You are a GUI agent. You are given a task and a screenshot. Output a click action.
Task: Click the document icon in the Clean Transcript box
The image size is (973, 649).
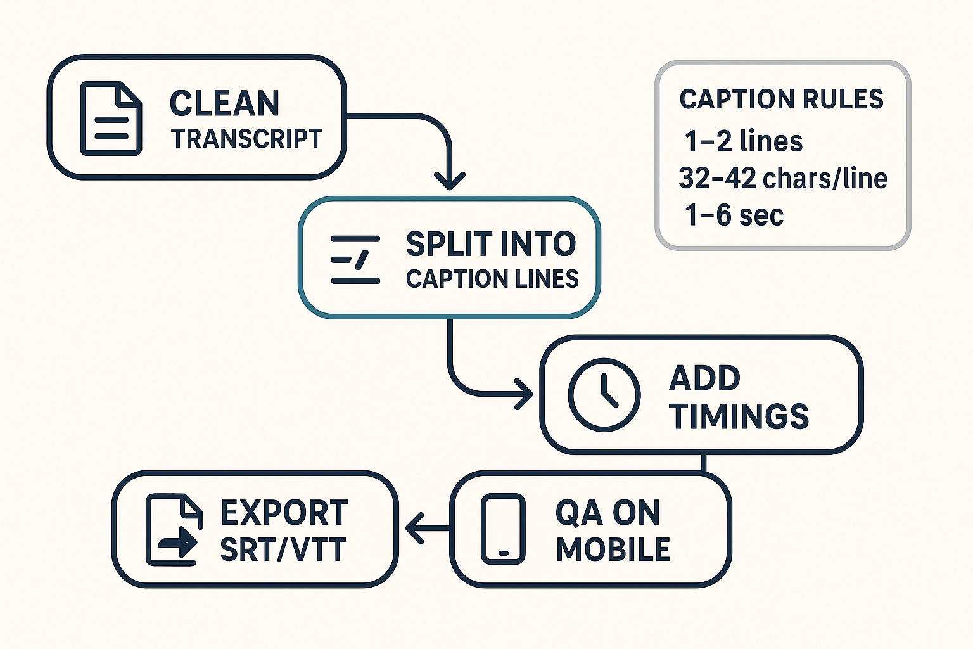111,118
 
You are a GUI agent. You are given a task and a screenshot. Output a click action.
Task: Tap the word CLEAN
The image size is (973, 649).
224,103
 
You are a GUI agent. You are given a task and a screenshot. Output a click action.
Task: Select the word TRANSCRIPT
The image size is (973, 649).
246,139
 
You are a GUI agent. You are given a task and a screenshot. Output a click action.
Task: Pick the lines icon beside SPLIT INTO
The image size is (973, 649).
355,259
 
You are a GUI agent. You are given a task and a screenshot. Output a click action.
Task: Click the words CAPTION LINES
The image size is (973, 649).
492,279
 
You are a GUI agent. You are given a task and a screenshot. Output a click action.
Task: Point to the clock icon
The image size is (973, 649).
604,394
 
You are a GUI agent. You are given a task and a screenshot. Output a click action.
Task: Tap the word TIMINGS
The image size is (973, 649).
739,416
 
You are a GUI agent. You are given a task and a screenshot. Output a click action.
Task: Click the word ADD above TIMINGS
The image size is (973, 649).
704,379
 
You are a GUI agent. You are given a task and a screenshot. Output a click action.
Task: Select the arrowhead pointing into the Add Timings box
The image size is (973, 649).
525,394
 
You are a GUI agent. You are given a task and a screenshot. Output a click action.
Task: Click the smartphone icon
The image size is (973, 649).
504,529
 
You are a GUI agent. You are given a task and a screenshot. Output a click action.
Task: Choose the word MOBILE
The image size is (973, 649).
613,549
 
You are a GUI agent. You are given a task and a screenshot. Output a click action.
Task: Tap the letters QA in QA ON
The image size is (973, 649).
578,513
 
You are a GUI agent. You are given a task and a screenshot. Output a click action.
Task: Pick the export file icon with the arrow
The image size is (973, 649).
174,530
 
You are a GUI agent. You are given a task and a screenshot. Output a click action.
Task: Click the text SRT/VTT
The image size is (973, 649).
283,549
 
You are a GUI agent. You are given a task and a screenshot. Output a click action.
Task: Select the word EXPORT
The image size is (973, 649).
284,513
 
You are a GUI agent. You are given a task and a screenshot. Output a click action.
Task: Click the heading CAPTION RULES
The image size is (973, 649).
781,100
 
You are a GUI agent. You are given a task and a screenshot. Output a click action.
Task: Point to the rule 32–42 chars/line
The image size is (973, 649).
782,179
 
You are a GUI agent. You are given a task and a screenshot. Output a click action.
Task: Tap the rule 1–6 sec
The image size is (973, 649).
734,215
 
